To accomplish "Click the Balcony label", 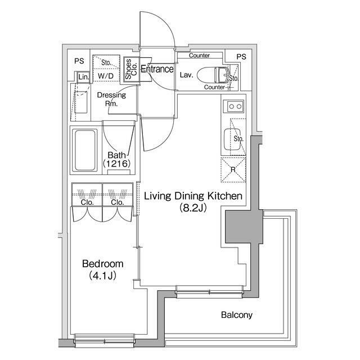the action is (x=237, y=315).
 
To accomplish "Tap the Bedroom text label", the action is (x=102, y=264).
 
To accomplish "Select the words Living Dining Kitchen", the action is (x=193, y=196).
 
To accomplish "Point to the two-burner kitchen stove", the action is (x=234, y=106).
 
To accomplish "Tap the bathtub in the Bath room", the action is (x=85, y=150).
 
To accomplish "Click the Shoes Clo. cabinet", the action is (x=131, y=69).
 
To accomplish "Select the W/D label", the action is (x=106, y=76).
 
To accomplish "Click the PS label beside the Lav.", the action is (x=241, y=57).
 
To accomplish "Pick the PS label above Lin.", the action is (x=79, y=61).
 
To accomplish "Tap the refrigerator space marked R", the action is (x=233, y=170).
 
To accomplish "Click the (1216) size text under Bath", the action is (x=117, y=164).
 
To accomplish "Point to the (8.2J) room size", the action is (x=193, y=208).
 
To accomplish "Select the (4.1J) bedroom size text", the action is (x=102, y=276).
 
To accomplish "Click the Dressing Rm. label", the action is (x=111, y=99).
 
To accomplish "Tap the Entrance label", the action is (x=157, y=69).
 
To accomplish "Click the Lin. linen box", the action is (x=83, y=77).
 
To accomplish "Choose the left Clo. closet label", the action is (x=87, y=202).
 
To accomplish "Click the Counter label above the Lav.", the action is (x=199, y=55).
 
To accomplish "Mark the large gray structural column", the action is (x=244, y=226).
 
